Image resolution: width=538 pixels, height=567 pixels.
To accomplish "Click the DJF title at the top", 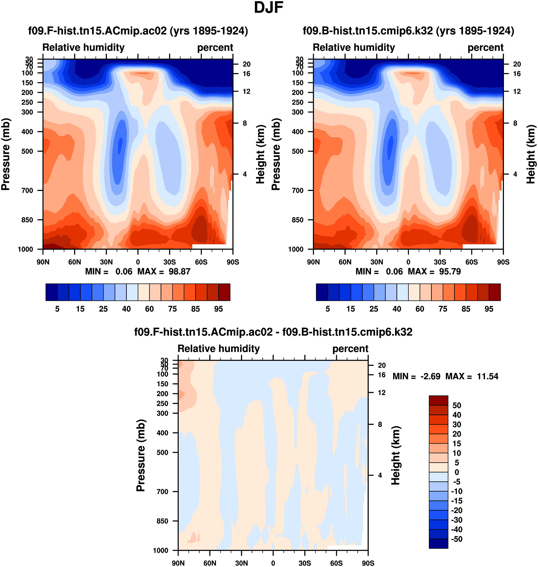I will [x=269, y=8].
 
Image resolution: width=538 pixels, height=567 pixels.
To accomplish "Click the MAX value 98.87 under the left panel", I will [x=179, y=271].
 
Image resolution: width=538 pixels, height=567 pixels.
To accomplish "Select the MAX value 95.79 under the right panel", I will [x=450, y=271].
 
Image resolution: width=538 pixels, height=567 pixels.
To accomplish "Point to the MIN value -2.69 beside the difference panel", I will [x=430, y=376].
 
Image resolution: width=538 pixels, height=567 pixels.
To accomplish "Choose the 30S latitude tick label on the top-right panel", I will [x=440, y=262].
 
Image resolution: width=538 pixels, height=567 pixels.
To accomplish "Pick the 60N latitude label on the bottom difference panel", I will [x=210, y=563].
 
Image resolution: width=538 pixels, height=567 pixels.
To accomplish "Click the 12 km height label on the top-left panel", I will [x=246, y=91].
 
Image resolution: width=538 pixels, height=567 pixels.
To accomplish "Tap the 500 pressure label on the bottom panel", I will [x=162, y=453].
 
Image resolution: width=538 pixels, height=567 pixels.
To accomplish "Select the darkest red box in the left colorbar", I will [x=224, y=292].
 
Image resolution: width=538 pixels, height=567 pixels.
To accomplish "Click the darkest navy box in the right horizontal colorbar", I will [x=322, y=292].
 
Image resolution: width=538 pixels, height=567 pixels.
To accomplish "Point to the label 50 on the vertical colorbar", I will [x=457, y=405].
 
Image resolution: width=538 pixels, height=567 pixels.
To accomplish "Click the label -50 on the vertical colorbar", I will [x=457, y=539].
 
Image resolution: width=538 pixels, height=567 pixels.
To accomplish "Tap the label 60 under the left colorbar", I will [x=149, y=309].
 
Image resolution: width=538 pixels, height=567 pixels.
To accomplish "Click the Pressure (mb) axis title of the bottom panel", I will [x=141, y=455].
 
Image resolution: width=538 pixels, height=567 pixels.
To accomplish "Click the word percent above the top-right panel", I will [x=485, y=48].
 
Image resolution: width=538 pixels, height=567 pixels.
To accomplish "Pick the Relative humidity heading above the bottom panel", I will [x=218, y=349].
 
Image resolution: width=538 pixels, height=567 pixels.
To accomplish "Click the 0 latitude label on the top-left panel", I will [x=138, y=262].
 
